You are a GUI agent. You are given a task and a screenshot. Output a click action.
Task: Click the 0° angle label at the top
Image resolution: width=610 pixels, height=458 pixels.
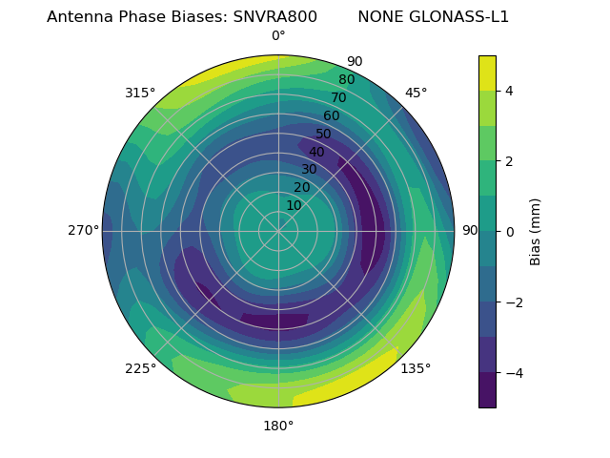pyautogui.click(x=278, y=36)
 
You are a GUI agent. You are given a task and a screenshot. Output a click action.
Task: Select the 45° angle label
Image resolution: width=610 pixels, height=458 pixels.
pyautogui.click(x=416, y=93)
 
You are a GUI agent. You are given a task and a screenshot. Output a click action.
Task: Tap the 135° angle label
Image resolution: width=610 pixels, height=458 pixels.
pyautogui.click(x=416, y=369)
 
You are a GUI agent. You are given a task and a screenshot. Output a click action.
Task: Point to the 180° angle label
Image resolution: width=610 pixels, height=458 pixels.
pyautogui.click(x=278, y=426)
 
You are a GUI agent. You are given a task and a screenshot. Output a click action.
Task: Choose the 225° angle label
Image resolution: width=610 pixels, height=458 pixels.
pyautogui.click(x=140, y=369)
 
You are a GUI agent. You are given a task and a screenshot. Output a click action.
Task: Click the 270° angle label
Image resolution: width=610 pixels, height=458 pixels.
pyautogui.click(x=84, y=231)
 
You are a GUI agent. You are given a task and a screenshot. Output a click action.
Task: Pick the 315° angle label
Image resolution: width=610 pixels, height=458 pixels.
pyautogui.click(x=140, y=93)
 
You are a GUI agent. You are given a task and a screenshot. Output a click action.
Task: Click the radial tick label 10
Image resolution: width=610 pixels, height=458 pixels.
pyautogui.click(x=294, y=205)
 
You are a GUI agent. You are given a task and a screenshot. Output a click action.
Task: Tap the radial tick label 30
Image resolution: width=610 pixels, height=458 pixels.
pyautogui.click(x=309, y=170)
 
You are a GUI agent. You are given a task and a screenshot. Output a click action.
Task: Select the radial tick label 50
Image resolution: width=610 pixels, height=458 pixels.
pyautogui.click(x=324, y=135)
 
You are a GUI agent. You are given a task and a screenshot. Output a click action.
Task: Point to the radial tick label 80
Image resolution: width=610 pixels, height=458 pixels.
pyautogui.click(x=346, y=80)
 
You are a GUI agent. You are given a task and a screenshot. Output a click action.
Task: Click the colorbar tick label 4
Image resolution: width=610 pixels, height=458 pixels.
pyautogui.click(x=510, y=91)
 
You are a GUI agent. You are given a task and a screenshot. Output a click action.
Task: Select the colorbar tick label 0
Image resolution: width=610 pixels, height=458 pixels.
pyautogui.click(x=510, y=232)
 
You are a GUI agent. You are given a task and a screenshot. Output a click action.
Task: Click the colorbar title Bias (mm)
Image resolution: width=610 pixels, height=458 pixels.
pyautogui.click(x=536, y=231)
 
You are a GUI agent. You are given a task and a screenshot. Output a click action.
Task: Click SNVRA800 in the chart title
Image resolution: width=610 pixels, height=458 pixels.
pyautogui.click(x=275, y=17)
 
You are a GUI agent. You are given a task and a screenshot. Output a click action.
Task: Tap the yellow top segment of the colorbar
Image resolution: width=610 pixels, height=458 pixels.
pyautogui.click(x=487, y=73)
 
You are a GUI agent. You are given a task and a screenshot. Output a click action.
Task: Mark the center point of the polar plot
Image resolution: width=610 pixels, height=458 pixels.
pyautogui.click(x=278, y=231)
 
